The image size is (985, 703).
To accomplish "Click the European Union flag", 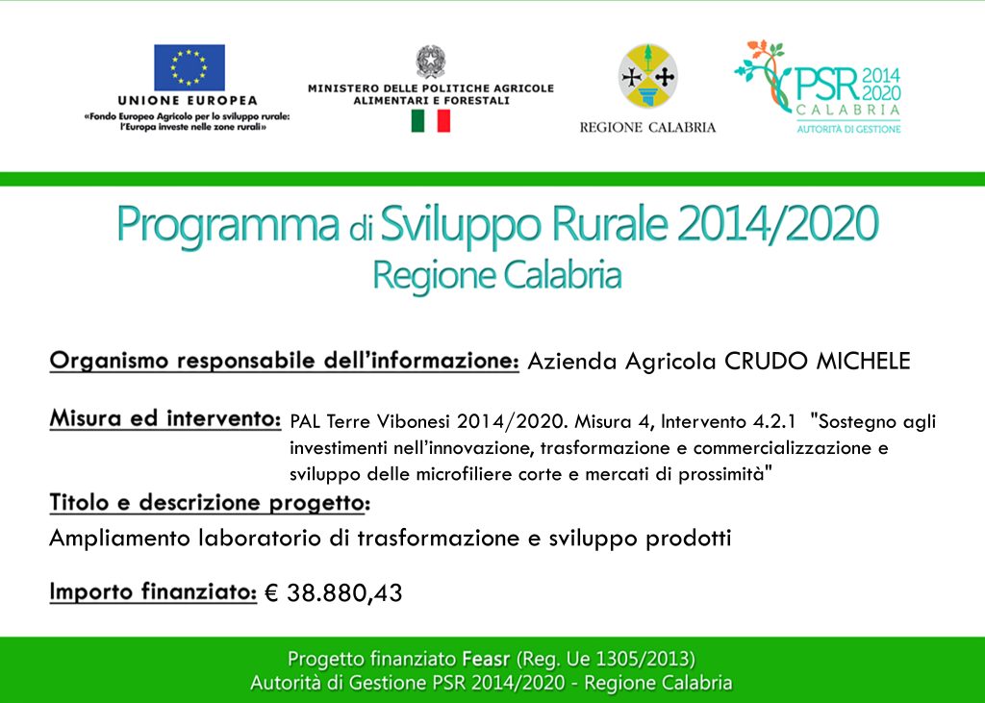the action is (x=189, y=67).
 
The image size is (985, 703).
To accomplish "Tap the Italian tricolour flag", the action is (x=430, y=120).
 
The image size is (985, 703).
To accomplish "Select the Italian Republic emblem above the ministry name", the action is (x=430, y=62).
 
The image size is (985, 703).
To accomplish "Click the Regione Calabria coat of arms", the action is (x=647, y=75).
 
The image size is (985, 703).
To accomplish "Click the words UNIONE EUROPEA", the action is (x=188, y=101).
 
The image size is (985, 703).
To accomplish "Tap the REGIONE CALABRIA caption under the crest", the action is (x=647, y=128).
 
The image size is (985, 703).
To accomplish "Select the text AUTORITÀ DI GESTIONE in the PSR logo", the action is (x=848, y=129).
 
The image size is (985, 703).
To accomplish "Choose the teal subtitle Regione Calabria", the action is (x=497, y=275).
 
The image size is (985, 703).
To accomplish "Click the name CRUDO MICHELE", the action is (x=818, y=361).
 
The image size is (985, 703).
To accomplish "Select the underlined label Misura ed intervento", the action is (x=165, y=418).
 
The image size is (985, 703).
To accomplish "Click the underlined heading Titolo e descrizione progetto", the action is (x=210, y=503).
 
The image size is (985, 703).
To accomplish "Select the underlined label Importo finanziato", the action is (x=153, y=591).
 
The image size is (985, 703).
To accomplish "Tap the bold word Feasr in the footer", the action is (x=486, y=659).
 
